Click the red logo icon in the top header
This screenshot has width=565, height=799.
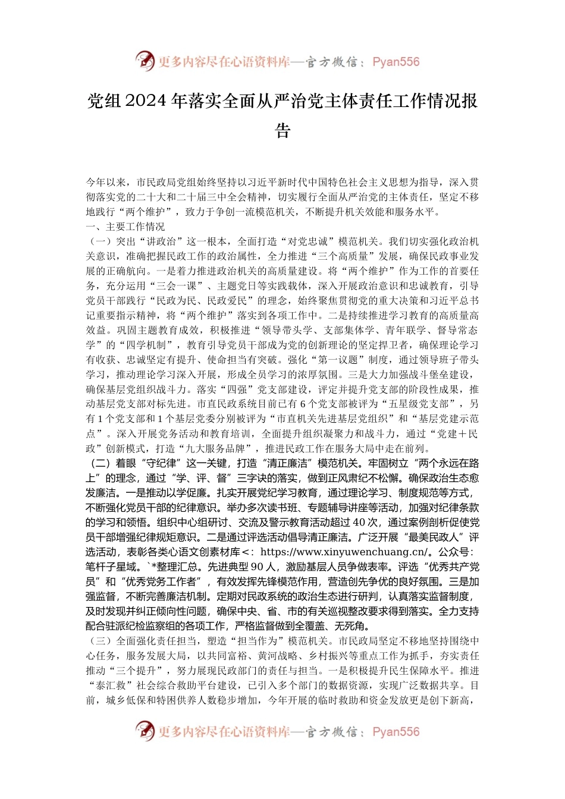tap(145, 61)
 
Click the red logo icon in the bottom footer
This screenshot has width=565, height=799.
tap(145, 731)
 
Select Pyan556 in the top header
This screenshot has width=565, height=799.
tap(395, 62)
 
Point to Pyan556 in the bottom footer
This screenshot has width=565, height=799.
tap(395, 732)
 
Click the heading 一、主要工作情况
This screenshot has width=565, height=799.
tap(125, 227)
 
